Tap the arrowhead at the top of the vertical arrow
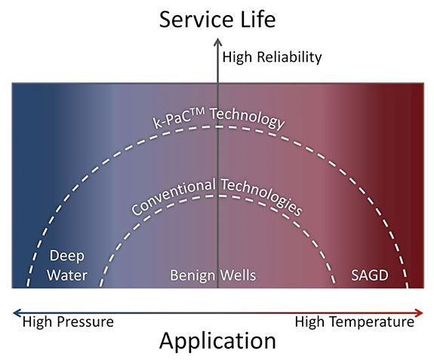[x=218, y=42]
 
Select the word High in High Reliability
[x=237, y=57]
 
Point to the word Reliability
[x=289, y=57]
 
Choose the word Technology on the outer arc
[x=247, y=118]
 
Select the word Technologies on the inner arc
[x=262, y=196]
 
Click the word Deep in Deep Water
[x=66, y=256]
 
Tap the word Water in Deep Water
[x=67, y=275]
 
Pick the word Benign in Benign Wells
[x=192, y=275]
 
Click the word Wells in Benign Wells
[x=238, y=275]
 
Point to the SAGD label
[x=370, y=275]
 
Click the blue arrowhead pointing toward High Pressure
[x=17, y=313]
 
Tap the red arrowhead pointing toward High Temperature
[x=419, y=313]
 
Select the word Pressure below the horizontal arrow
[x=86, y=322]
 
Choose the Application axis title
[x=217, y=342]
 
